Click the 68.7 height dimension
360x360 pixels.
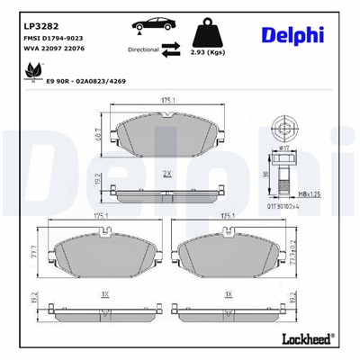tap(97, 132)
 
